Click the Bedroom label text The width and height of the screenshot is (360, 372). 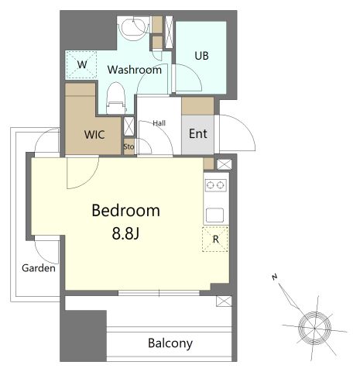coord(126,211)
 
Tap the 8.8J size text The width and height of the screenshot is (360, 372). coord(125,234)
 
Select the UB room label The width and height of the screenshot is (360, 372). coord(201,56)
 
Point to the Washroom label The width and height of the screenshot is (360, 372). coord(135,70)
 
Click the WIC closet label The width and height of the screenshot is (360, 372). coord(94,135)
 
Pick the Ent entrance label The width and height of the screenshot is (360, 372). coord(198,133)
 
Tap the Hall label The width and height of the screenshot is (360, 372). coord(159,123)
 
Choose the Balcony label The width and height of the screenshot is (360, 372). coord(170,343)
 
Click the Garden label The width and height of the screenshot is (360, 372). coord(39,268)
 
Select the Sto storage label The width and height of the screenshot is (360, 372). coord(129,146)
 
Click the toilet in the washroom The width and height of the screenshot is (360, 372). coord(116,98)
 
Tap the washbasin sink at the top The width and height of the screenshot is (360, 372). coord(134,27)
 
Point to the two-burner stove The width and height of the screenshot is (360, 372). coord(216,185)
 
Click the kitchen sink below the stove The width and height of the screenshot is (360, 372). coord(214,215)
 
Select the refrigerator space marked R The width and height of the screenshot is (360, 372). coord(215,239)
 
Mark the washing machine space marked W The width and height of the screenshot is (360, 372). coord(81,64)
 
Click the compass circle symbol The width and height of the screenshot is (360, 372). coord(314,329)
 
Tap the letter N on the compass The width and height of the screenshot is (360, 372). coord(275,277)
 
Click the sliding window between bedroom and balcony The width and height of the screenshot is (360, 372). coord(159,293)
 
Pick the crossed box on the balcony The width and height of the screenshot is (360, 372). coord(224,301)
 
